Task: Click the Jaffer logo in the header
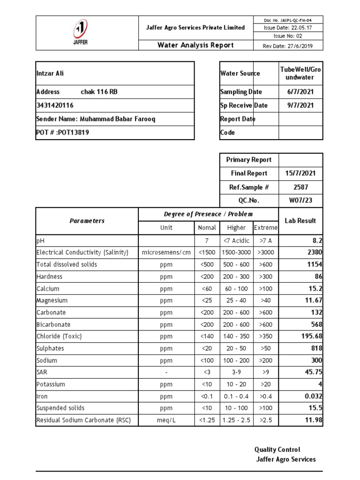(x=80, y=33)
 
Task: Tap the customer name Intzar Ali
(x=51, y=74)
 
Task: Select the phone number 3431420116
(x=55, y=105)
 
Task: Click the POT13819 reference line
(x=63, y=133)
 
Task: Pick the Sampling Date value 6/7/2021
(x=301, y=92)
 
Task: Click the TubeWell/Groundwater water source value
(x=301, y=74)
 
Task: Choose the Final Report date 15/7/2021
(x=301, y=173)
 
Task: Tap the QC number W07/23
(x=301, y=201)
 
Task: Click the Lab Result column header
(x=300, y=221)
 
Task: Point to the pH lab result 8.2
(x=317, y=240)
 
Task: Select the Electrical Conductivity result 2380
(x=314, y=253)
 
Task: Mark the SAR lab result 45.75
(x=313, y=372)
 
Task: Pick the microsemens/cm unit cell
(x=166, y=253)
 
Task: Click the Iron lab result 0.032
(x=313, y=396)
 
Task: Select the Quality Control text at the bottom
(x=277, y=450)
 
